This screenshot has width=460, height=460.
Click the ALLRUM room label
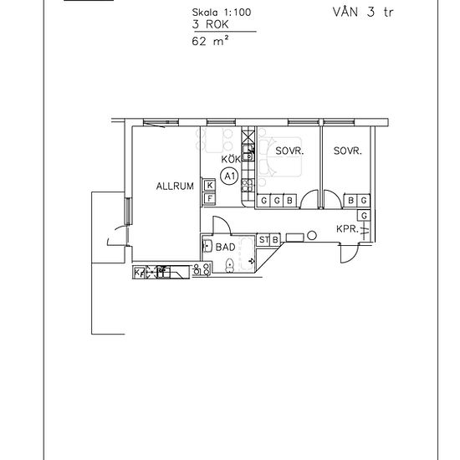coord(175,186)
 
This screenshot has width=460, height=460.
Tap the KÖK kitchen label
coord(231,159)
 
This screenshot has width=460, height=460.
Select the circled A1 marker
coord(229,176)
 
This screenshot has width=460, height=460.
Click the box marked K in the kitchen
coord(210,185)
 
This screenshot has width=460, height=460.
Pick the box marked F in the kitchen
coord(210,198)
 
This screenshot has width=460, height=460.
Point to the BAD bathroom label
coord(225,247)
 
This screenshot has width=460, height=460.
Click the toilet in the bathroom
coord(229,265)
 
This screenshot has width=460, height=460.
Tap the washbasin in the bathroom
coord(207,246)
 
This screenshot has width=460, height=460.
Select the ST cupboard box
coord(263,240)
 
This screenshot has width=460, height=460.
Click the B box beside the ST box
coord(275,240)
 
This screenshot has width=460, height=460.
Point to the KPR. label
coord(347,229)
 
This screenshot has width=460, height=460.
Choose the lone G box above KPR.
coord(364,216)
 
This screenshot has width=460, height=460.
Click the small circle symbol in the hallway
coord(312,235)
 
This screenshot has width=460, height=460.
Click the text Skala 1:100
coord(222,13)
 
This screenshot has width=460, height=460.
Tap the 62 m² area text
coord(210,41)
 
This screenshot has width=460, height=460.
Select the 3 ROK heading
coord(210,24)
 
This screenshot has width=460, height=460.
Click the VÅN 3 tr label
coord(363,12)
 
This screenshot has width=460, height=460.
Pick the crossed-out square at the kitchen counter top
coord(248,135)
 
